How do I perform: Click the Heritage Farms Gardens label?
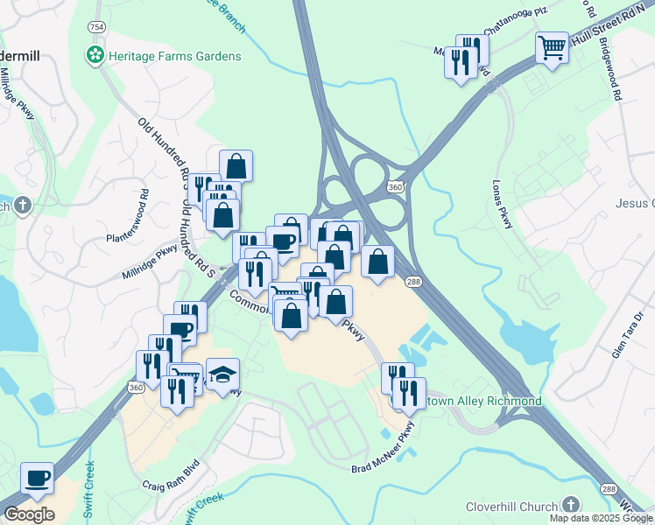coord(174,56)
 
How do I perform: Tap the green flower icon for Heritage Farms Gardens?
coord(95,56)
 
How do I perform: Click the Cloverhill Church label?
coord(512,506)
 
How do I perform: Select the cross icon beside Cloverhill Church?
coord(571,506)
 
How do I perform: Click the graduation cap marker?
coord(222,374)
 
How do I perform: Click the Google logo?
coord(29,514)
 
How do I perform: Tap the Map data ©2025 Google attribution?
coord(601,518)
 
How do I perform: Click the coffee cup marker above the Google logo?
coord(37,479)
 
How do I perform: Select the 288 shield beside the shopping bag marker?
coord(412,281)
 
